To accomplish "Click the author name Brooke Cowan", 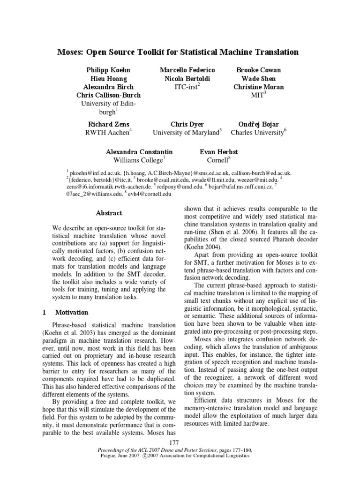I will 258,70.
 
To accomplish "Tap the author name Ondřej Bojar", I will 258,124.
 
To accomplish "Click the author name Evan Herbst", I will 219,152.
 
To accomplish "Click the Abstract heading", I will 109,213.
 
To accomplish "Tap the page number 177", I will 180,443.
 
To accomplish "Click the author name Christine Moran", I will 258,87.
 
